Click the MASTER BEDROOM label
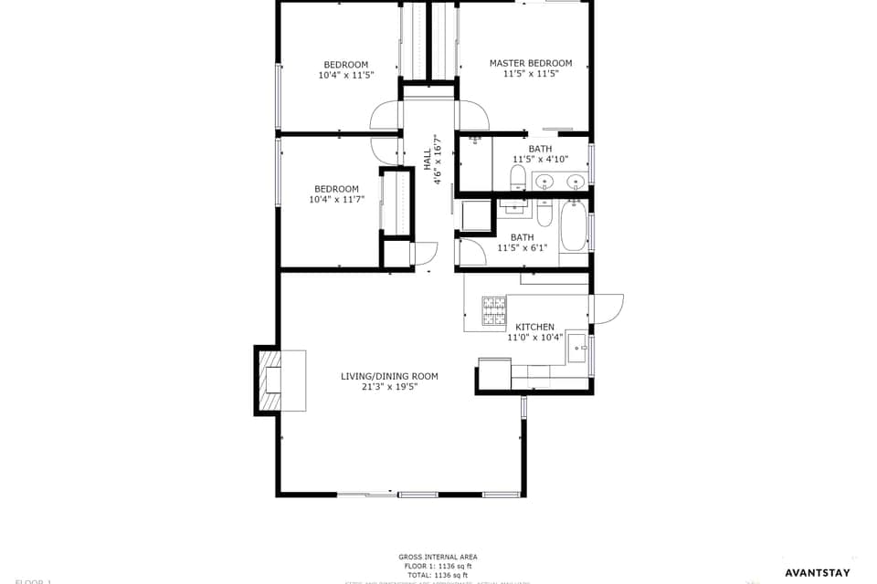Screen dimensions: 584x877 (x=531, y=64)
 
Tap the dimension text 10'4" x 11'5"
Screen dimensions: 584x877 (x=346, y=76)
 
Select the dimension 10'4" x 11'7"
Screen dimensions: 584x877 (x=336, y=199)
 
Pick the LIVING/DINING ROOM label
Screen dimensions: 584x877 (x=389, y=376)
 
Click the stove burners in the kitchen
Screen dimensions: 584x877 (x=494, y=311)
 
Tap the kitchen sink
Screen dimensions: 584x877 (x=577, y=348)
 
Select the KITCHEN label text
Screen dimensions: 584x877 (x=534, y=327)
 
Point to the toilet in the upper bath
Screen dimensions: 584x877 (x=518, y=176)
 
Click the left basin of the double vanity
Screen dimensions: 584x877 (x=544, y=181)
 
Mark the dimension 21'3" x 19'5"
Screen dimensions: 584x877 (x=389, y=387)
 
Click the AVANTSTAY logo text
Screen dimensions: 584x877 (x=817, y=573)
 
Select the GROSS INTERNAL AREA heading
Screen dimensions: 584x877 (x=438, y=557)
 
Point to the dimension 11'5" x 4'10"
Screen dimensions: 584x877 (x=540, y=159)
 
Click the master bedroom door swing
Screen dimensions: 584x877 (x=473, y=117)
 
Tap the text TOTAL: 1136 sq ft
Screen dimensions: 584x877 (x=438, y=576)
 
